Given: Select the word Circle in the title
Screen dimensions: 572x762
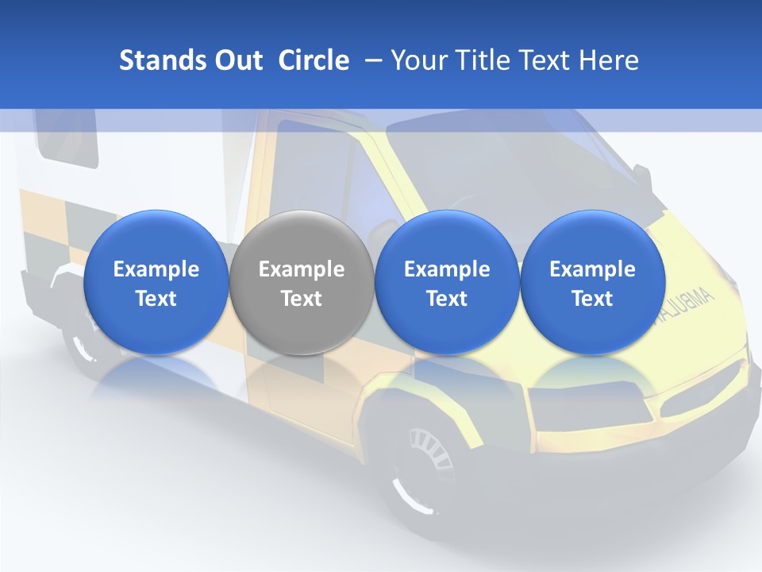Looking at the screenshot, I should point(314,60).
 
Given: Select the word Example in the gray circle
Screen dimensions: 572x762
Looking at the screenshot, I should point(302,270).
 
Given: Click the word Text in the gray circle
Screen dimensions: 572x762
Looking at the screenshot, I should point(302,300).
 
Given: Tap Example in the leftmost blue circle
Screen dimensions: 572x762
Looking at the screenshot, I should point(156,270).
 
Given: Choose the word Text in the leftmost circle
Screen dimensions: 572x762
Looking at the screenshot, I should point(156,300).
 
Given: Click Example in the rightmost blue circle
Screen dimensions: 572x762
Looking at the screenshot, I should point(592,270).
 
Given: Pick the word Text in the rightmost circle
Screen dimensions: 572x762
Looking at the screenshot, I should point(592,300).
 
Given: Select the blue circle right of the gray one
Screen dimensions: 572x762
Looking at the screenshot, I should point(447,282).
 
